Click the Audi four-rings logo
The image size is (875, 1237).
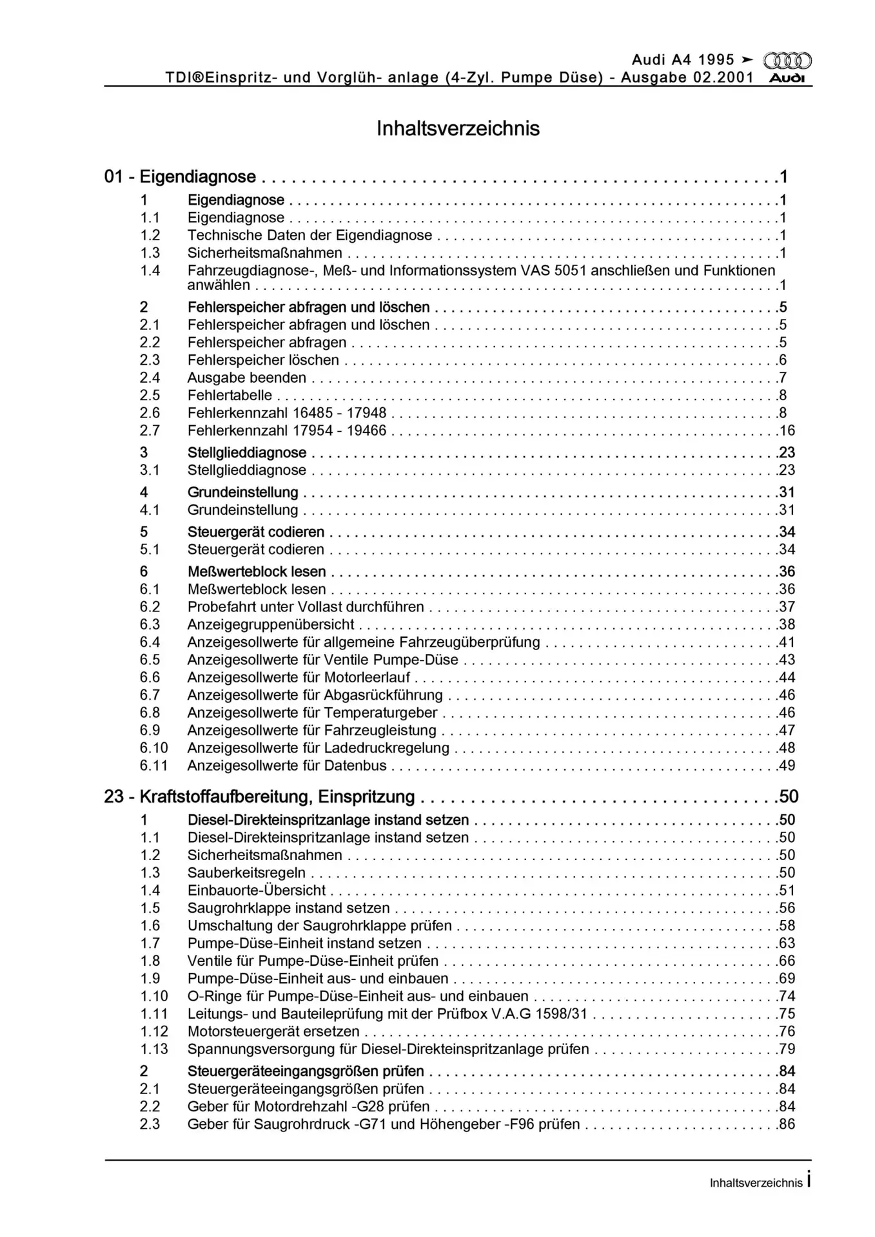tap(787, 61)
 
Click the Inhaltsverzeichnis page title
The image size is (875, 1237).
tap(458, 128)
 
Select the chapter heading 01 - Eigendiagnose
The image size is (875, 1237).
tap(180, 177)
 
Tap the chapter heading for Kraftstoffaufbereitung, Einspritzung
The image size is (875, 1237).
tap(259, 797)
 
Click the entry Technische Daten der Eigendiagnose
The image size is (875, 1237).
tap(310, 235)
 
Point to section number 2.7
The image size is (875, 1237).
tap(150, 430)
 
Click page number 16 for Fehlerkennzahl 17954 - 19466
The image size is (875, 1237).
tap(787, 430)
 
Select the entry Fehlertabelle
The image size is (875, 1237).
tap(230, 395)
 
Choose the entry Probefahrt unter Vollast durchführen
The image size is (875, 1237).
tap(306, 607)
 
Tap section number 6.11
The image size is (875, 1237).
tap(153, 765)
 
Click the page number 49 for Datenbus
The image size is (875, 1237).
tap(787, 765)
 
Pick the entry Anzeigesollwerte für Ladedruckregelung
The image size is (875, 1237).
tap(318, 748)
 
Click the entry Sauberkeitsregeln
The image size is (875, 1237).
tap(246, 873)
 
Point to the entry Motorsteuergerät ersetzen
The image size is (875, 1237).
tap(273, 1031)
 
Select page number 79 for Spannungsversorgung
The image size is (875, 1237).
tap(787, 1049)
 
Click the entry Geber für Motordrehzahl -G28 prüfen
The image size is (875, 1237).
tap(308, 1106)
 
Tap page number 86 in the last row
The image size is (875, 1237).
tap(787, 1124)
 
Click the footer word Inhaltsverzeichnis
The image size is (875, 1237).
tap(756, 1183)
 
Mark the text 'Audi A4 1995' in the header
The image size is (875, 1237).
tap(683, 60)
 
